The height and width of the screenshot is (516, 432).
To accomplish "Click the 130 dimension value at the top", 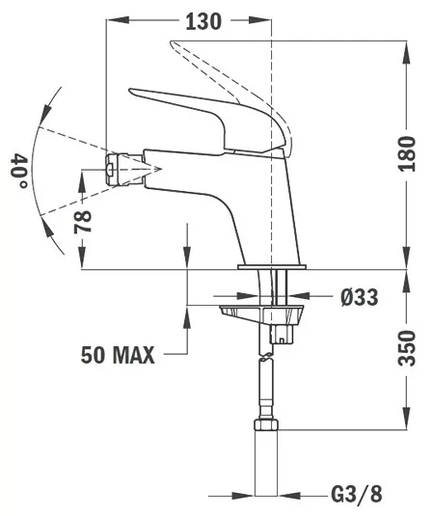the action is (203, 22).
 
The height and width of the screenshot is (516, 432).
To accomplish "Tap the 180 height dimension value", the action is (407, 153).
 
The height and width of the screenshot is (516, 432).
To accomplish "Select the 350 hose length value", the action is (407, 348).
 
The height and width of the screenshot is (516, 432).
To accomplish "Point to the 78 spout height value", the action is (82, 222).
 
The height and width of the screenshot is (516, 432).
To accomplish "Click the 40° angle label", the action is (19, 170).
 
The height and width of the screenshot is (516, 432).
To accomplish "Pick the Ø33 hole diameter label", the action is (360, 297).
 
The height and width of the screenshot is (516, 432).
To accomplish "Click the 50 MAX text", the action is (118, 355).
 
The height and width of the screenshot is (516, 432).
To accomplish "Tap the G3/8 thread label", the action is (357, 495).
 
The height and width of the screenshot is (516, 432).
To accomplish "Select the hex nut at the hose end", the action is (266, 424).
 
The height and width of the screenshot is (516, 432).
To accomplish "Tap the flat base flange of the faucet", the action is (272, 267).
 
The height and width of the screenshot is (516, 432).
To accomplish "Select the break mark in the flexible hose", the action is (266, 357).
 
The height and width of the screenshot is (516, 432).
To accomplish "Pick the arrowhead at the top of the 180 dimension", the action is (407, 51).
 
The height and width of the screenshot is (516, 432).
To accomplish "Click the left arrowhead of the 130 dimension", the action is (118, 20).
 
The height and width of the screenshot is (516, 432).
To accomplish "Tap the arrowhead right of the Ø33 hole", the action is (298, 295).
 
